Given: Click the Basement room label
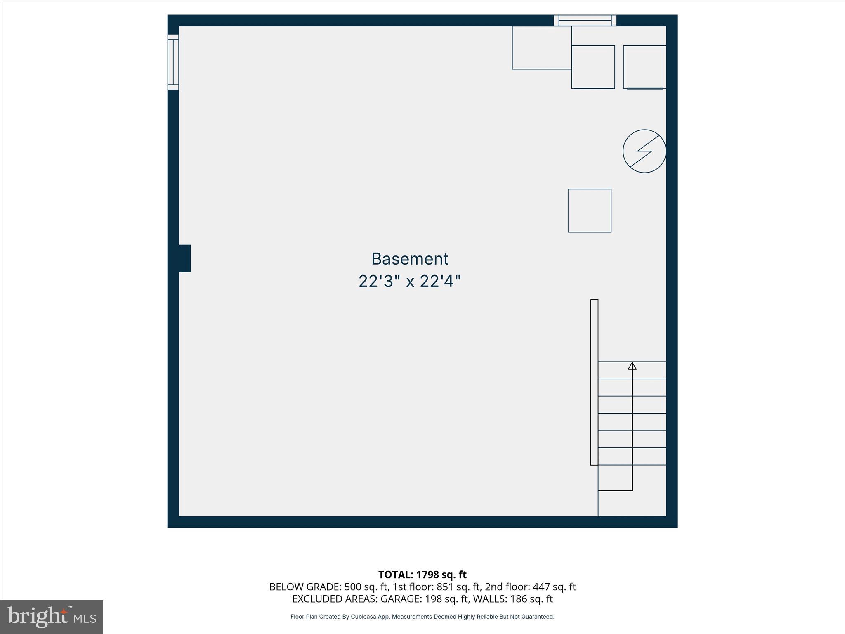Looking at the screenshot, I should pyautogui.click(x=410, y=259).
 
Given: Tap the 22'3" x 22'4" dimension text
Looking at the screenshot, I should pyautogui.click(x=409, y=282).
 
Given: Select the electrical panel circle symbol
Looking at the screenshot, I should pyautogui.click(x=644, y=151).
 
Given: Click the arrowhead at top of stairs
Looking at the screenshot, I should pyautogui.click(x=632, y=366).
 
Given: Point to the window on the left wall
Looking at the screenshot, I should pyautogui.click(x=173, y=62).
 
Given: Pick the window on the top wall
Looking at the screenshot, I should pyautogui.click(x=585, y=20).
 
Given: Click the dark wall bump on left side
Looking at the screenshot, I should pyautogui.click(x=184, y=258).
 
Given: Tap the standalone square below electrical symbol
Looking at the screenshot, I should pyautogui.click(x=589, y=211).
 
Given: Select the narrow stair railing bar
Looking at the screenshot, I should pyautogui.click(x=594, y=382).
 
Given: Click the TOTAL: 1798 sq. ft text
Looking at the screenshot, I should pyautogui.click(x=422, y=575).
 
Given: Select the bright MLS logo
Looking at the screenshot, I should pyautogui.click(x=52, y=617).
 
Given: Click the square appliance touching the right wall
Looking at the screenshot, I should pyautogui.click(x=644, y=67).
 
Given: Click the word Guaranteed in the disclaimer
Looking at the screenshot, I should pyautogui.click(x=538, y=617).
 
